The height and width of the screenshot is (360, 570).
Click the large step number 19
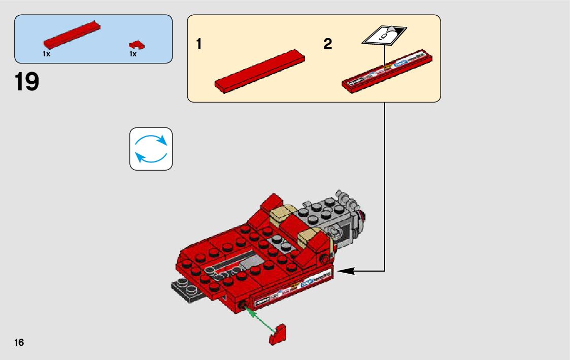pos(27,82)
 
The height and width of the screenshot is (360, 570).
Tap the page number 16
pos(19,342)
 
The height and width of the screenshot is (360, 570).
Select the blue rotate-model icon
pos(151,148)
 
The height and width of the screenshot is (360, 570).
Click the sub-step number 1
pos(199,45)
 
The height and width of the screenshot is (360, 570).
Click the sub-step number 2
pos(328,45)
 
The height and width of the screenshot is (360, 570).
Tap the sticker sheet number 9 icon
pos(384,35)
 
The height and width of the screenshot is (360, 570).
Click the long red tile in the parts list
pos(72,36)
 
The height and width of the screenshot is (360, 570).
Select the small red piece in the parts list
pos(137,45)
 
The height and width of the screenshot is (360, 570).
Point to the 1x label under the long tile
pos(46,54)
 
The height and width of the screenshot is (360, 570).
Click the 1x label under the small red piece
pos(133,54)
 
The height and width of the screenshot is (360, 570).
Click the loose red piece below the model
pos(278,336)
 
